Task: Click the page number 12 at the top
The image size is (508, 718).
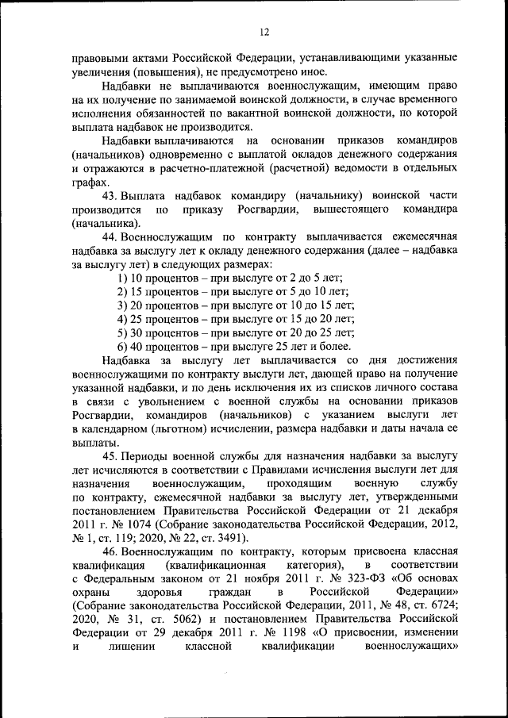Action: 264,32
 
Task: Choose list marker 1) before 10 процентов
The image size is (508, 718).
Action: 122,278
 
